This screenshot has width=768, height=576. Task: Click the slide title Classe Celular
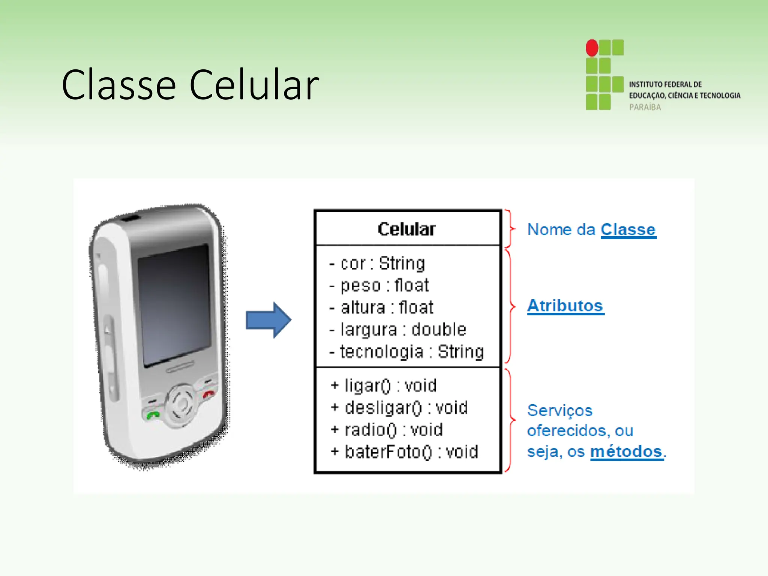[x=190, y=85]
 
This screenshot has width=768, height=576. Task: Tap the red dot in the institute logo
[x=592, y=48]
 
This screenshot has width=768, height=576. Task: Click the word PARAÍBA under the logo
[x=645, y=107]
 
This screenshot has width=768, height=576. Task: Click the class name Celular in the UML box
[x=407, y=229]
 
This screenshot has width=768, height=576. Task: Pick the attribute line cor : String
[x=377, y=263]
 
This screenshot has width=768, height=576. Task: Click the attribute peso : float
[x=379, y=285]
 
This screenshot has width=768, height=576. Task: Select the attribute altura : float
[x=381, y=307]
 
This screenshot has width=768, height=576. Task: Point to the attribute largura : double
[x=398, y=330]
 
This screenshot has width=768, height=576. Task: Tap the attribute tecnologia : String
[x=407, y=352]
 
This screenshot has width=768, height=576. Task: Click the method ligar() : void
[x=384, y=385]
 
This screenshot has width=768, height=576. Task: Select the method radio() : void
[x=387, y=430]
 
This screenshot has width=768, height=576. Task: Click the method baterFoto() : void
[x=405, y=452]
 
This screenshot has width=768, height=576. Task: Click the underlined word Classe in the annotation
[x=628, y=229]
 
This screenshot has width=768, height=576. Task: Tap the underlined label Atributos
[x=565, y=306]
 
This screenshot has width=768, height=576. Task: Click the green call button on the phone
[x=153, y=415]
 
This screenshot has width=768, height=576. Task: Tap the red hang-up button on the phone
[x=208, y=394]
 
